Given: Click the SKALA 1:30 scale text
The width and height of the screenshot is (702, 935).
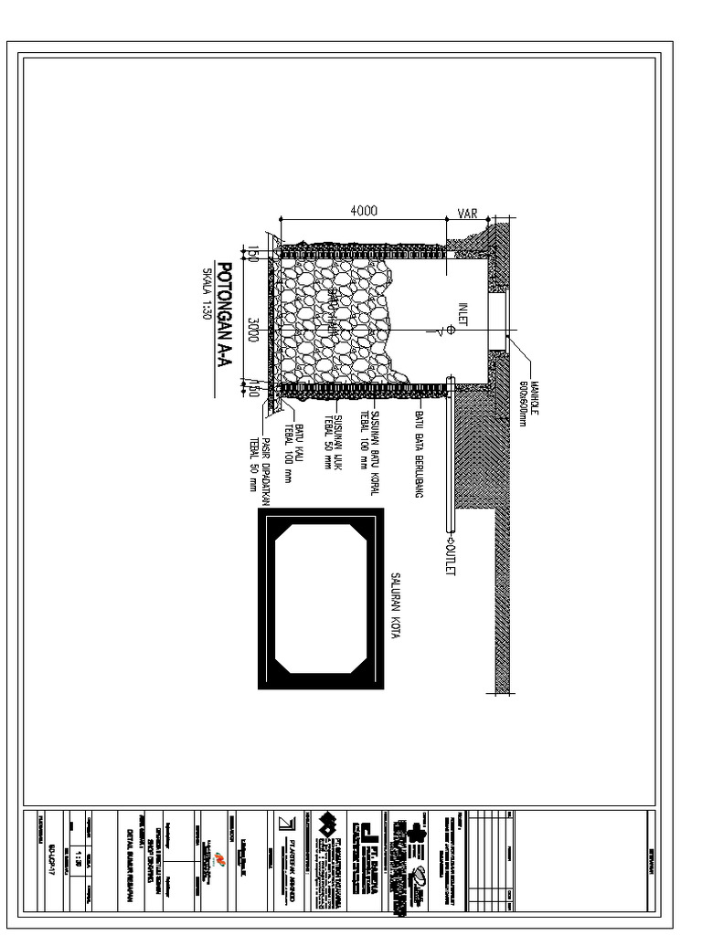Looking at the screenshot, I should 205,294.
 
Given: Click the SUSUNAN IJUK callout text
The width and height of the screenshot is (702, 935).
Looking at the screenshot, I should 333,442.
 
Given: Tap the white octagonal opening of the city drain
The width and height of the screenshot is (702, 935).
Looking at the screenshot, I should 320,600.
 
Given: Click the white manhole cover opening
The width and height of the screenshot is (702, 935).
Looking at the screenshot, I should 498,319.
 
